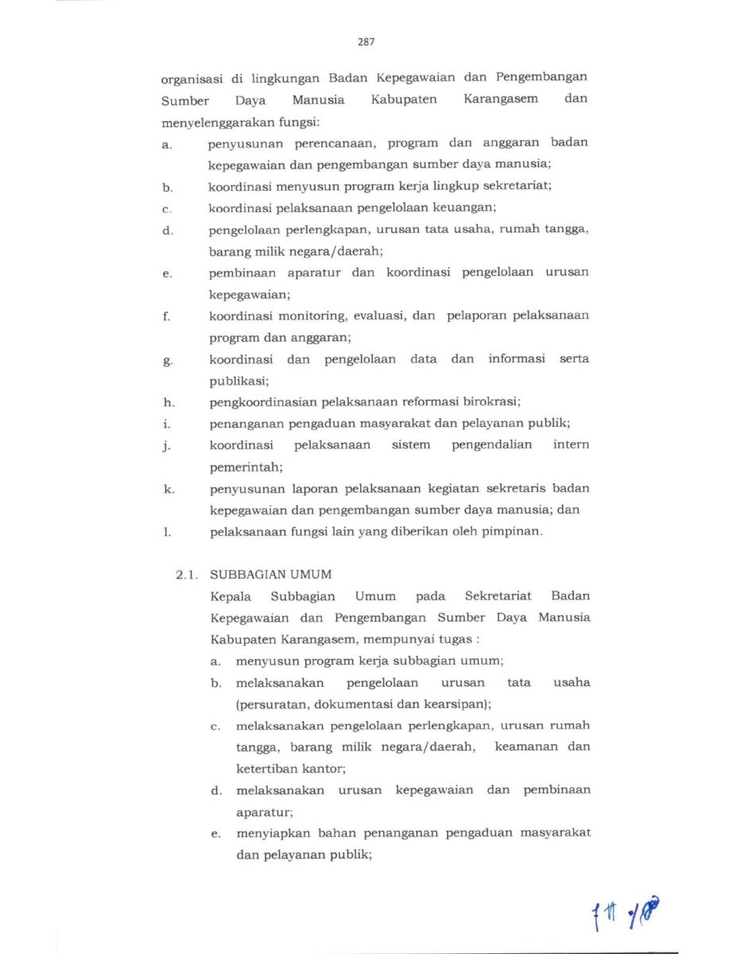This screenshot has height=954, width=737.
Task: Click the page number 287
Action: coord(366,41)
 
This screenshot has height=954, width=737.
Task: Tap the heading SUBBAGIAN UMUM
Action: coord(270,574)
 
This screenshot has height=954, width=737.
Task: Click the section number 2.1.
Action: coord(188,574)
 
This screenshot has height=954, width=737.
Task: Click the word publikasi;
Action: coord(239,381)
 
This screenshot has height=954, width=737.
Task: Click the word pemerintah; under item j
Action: coord(246,467)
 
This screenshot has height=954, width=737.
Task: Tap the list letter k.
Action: coord(169,489)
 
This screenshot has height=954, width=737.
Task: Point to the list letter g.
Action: coord(167,360)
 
